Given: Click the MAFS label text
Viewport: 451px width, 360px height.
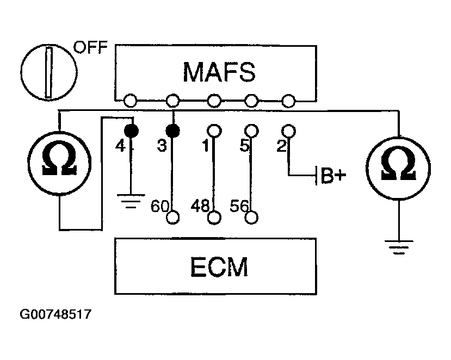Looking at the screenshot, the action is point(219,72).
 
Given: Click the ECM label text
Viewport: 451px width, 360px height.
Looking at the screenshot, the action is point(219,267).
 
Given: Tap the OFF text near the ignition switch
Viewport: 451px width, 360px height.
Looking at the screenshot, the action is point(91,47).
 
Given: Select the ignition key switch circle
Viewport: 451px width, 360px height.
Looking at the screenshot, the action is point(49,72).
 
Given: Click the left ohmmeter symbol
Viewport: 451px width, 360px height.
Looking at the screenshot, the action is point(59,163).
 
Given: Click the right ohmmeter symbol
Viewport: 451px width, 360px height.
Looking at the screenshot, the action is point(398,167).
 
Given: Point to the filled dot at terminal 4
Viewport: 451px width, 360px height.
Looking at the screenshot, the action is point(131,131).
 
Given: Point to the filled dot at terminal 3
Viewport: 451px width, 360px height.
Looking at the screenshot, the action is point(173,131).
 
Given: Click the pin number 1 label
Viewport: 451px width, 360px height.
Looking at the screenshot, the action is point(205,146).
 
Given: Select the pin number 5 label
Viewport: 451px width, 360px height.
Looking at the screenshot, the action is point(244,146).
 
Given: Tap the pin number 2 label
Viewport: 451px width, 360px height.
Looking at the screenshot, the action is point(282,146).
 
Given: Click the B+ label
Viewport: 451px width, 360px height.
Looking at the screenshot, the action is point(333,175).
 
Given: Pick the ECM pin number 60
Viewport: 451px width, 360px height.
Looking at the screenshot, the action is point(159,206).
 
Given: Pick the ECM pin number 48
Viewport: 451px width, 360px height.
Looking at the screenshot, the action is point(200,206).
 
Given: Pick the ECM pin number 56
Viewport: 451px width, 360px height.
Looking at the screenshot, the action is point(239,206).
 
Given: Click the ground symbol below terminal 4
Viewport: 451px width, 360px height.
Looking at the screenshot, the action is point(131,201).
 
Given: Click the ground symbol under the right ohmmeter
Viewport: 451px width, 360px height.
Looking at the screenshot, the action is point(399,247).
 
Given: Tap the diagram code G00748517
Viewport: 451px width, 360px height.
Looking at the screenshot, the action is point(55,314).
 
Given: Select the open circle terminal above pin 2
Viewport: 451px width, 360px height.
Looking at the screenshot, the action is point(288,131).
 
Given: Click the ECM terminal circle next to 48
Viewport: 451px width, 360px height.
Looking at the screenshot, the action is point(214,218).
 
